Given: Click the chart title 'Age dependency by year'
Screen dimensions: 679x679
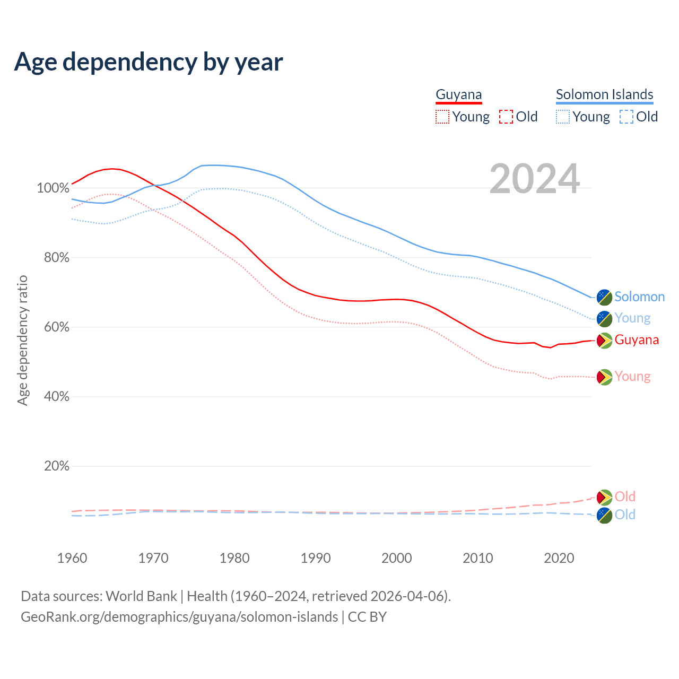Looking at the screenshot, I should coord(149,62).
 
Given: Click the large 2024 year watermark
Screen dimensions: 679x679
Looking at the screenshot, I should coord(534,179).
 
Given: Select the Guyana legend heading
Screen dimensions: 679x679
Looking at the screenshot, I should coord(459,95).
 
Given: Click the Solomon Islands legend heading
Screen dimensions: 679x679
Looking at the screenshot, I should coord(604,95).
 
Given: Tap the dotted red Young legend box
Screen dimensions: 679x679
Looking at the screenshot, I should coord(442,117).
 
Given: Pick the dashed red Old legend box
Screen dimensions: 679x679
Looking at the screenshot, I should coord(506,117).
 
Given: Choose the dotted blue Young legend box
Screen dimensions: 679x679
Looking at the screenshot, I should coord(562,117).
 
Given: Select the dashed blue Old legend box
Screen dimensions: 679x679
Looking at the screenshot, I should coord(626,117).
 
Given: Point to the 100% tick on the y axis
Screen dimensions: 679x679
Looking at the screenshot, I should coord(53,188).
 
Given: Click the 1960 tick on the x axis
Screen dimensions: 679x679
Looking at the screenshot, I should coord(72,558).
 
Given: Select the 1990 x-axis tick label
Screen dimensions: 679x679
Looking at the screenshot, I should coord(316,558).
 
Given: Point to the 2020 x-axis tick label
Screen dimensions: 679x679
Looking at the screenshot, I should coord(559,558).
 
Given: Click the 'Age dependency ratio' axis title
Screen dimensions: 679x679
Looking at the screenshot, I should coord(22,340).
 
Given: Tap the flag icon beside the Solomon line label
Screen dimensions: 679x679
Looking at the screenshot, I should coord(604,297).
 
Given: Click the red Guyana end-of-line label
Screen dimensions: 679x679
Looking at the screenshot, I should coord(637,340).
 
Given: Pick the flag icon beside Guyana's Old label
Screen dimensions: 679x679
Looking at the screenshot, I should coord(604,497).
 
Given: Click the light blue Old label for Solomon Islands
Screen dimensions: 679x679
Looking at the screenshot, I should coord(625,515).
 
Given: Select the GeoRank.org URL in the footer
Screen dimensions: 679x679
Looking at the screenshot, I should coord(179,617).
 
